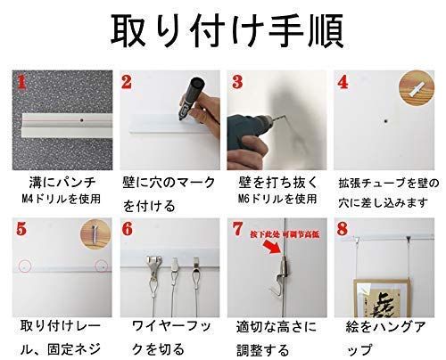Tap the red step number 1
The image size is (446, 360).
click(25, 86)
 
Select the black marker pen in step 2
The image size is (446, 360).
click(188, 105)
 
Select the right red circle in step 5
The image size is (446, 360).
click(103, 266)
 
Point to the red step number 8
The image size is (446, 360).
click(343, 229)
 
